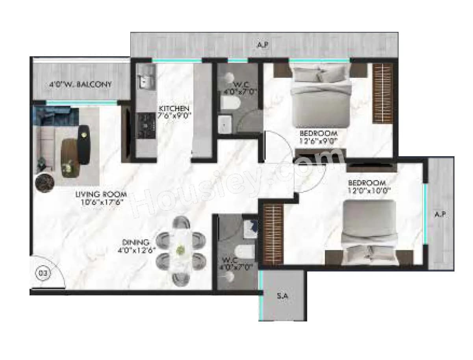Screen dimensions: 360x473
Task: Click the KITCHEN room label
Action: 174,108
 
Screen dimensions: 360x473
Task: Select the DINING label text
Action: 135,242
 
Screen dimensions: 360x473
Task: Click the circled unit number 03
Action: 43,273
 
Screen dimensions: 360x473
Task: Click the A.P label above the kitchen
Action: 263,45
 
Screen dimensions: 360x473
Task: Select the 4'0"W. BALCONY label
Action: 80,84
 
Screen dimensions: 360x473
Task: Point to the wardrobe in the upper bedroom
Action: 383,92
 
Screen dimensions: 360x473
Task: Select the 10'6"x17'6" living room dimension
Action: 101,202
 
